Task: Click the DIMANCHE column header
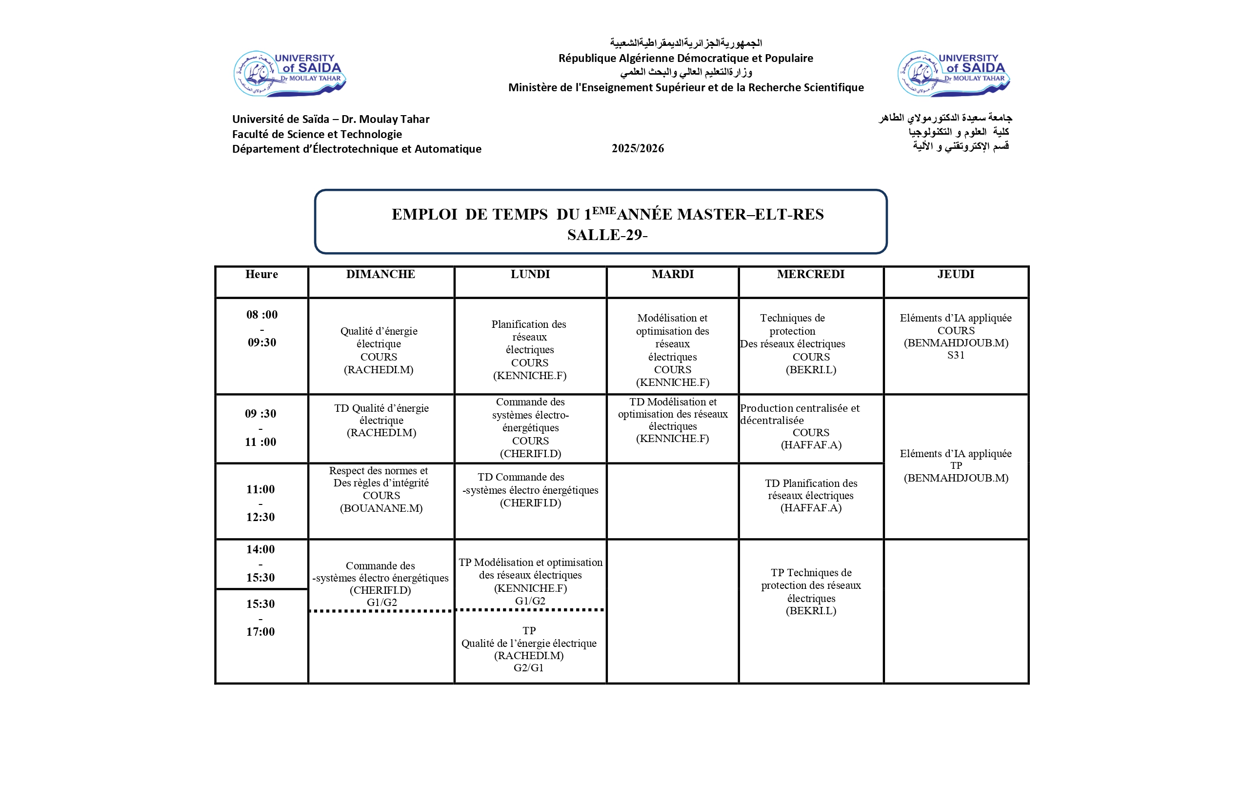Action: (x=381, y=274)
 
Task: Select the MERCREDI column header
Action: (x=810, y=274)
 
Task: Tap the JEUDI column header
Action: (x=956, y=274)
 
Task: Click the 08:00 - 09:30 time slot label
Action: (x=262, y=328)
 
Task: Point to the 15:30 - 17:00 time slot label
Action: (x=261, y=617)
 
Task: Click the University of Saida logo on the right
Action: (x=953, y=74)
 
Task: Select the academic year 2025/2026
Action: (x=638, y=148)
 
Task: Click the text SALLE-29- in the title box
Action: (x=607, y=235)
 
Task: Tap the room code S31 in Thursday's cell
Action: (x=956, y=356)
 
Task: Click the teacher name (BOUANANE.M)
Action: (x=381, y=508)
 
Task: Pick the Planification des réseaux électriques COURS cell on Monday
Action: (x=529, y=349)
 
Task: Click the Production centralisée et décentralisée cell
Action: (x=810, y=426)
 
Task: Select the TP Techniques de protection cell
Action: (x=811, y=591)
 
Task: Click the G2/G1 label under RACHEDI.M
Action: (x=528, y=667)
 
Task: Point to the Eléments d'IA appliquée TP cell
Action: (x=956, y=465)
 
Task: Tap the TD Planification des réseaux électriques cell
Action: (x=811, y=495)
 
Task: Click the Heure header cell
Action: (x=261, y=274)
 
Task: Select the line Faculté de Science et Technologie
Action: (x=317, y=134)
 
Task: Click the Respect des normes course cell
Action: (x=381, y=489)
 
